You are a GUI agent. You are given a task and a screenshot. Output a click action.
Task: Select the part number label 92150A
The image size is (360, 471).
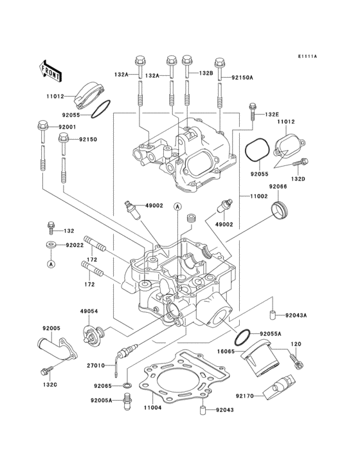click(243, 77)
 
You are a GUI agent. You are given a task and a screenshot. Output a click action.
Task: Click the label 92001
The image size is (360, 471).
click(67, 127)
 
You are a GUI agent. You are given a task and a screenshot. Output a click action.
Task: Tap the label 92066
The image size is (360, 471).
click(278, 187)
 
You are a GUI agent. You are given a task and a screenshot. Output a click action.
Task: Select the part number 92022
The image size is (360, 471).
click(75, 245)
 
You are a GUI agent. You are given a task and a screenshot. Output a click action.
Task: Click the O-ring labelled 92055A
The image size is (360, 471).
click(242, 337)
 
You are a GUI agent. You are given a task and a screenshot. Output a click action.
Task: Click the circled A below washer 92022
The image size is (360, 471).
click(50, 263)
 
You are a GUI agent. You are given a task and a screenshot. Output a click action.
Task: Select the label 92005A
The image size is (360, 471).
click(102, 400)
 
